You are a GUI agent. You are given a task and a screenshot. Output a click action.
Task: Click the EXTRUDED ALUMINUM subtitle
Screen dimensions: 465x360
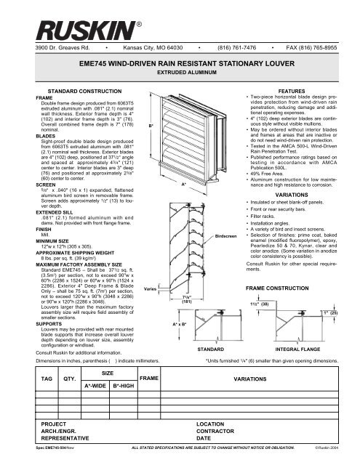pos(180,94)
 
